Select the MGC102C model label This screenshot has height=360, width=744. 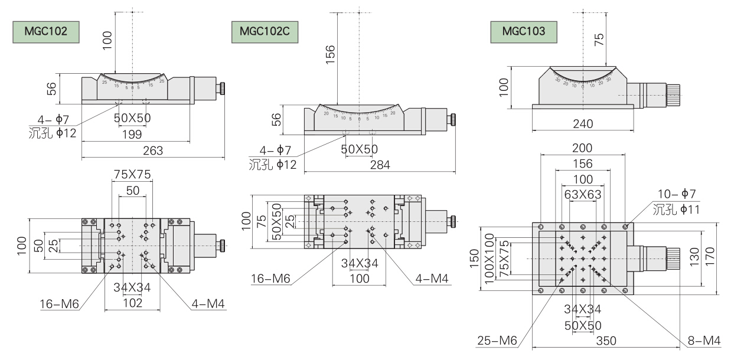[x=265, y=31]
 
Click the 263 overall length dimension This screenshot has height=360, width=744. [x=153, y=151]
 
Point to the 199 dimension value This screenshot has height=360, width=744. [x=135, y=134]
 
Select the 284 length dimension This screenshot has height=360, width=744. [x=380, y=165]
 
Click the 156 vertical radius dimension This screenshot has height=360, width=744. [x=330, y=57]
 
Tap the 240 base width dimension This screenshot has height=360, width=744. [x=583, y=124]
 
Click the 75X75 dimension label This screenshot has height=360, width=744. [x=132, y=174]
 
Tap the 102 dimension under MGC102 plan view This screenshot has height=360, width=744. [x=132, y=303]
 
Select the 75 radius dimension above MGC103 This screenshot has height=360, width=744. [x=599, y=40]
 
